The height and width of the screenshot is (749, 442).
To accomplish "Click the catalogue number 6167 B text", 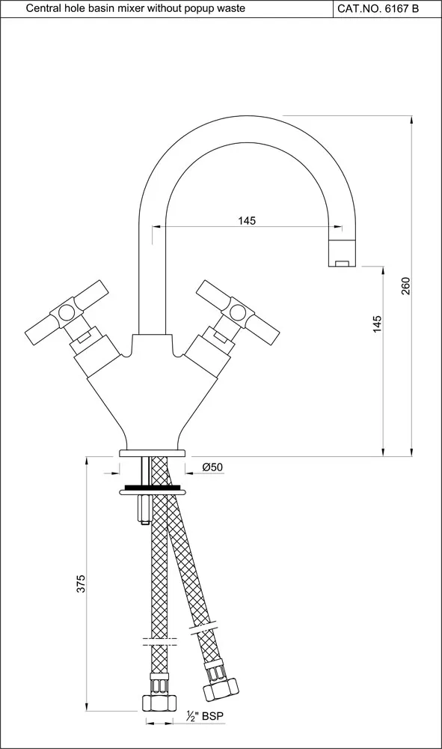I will click(x=387, y=8).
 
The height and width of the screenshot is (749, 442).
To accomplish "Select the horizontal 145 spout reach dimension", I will click(x=247, y=220).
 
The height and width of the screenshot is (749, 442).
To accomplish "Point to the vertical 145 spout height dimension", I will click(x=377, y=324).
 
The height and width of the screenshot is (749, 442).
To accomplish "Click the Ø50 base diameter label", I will click(x=212, y=467).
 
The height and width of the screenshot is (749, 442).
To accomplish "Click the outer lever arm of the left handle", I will click(x=38, y=329).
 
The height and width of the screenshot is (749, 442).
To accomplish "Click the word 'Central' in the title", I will click(x=43, y=8).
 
